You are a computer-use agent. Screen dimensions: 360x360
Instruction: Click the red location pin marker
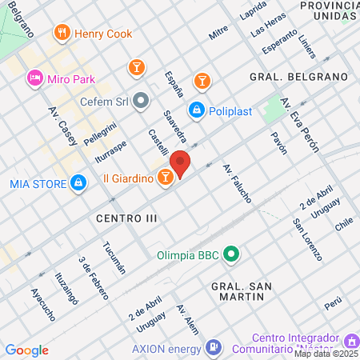tap(181, 163)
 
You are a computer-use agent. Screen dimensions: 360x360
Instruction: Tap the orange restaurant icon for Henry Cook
tap(62, 33)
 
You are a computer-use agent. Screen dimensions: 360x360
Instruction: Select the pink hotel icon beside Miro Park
tap(34, 78)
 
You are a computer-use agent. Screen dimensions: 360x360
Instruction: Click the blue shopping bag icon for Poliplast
tap(195, 109)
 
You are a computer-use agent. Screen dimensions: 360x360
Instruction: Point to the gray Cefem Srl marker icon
tap(142, 102)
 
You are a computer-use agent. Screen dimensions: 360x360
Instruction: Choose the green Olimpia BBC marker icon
tap(232, 256)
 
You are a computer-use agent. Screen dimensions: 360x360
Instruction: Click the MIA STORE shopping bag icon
tap(78, 184)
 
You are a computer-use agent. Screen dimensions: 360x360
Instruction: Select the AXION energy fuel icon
tap(213, 347)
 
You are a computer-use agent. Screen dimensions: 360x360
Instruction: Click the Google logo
tap(27, 350)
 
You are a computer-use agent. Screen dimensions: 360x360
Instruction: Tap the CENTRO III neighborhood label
tap(126, 218)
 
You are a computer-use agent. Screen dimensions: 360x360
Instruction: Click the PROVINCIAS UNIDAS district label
tap(327, 10)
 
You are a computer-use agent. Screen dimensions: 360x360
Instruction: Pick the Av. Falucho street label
tap(238, 183)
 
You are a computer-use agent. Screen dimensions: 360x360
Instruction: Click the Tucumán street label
tap(114, 258)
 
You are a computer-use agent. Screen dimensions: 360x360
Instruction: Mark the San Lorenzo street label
tap(307, 239)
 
